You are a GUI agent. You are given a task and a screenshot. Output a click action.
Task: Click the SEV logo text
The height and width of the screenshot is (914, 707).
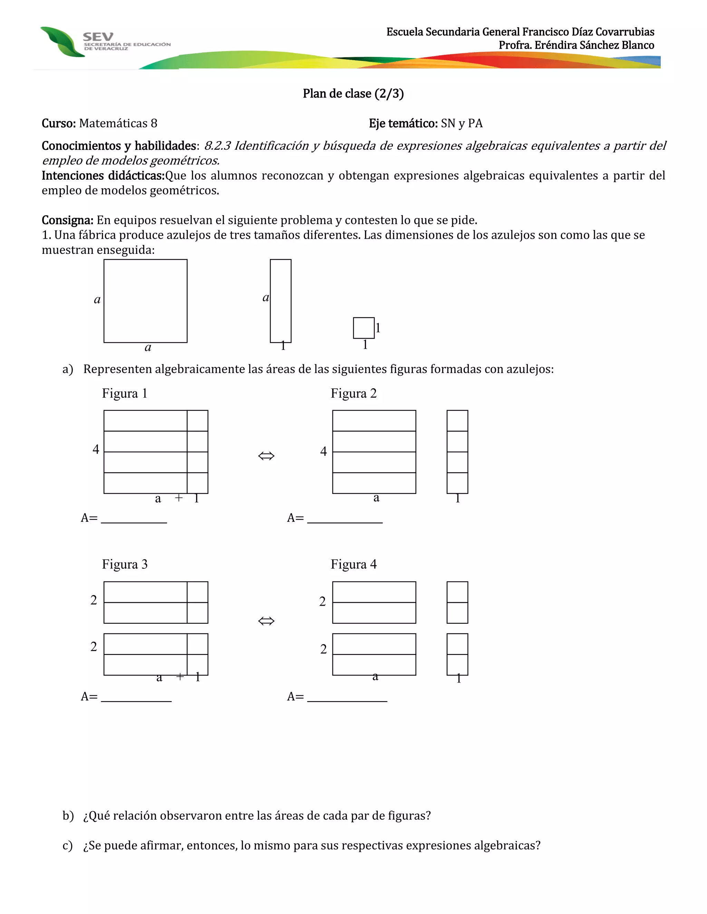click(x=98, y=37)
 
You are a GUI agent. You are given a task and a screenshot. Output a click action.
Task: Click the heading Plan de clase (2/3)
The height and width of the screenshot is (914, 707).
click(x=353, y=93)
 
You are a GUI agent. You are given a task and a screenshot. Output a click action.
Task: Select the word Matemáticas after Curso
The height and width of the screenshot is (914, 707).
click(x=113, y=123)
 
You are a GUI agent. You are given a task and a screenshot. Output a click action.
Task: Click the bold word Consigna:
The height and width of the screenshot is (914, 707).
click(x=67, y=220)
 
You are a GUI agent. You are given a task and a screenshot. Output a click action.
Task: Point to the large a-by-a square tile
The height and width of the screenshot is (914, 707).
click(x=145, y=301)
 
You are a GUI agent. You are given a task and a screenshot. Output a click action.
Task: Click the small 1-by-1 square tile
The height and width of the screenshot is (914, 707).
click(x=364, y=328)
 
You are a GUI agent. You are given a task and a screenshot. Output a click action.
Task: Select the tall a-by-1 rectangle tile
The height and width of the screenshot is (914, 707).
click(x=281, y=301)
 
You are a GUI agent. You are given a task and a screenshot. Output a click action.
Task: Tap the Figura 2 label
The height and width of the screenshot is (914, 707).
click(x=353, y=394)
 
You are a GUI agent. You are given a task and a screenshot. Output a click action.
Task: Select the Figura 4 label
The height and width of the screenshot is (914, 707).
click(x=353, y=565)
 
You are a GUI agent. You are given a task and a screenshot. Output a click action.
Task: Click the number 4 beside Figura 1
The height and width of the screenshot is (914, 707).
click(x=96, y=449)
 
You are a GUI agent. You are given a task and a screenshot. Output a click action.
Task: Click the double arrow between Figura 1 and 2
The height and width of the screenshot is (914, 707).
click(x=266, y=456)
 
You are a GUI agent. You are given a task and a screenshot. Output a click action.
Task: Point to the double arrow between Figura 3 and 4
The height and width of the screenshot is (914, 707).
click(x=266, y=620)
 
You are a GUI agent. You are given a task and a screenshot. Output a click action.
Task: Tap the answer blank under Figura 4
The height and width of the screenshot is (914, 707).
click(x=347, y=698)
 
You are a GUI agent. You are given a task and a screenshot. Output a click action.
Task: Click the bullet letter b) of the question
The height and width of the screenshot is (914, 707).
click(x=68, y=816)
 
